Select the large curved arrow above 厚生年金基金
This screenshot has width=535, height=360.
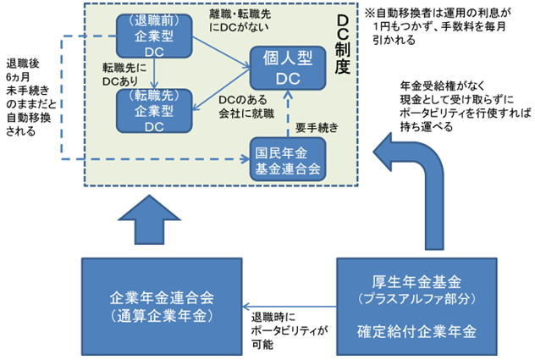point(398,186)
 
